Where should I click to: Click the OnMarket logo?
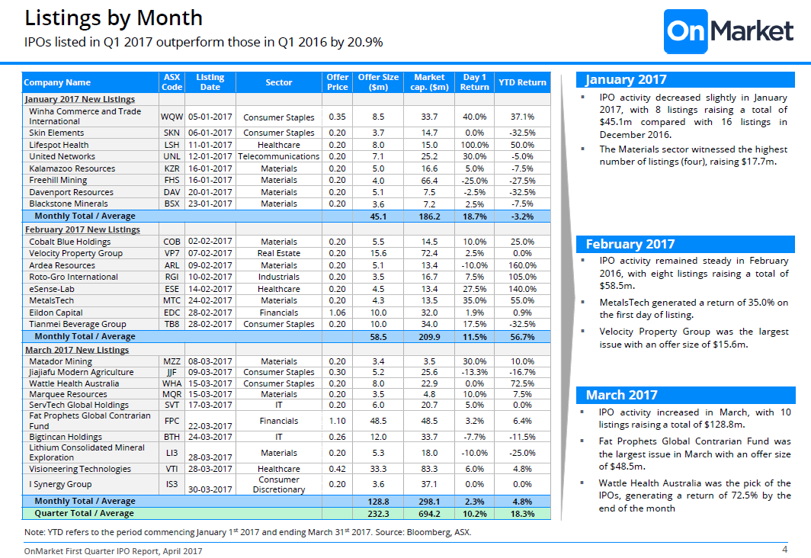point(729,31)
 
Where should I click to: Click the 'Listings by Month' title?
point(114,18)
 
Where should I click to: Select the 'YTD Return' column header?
point(522,82)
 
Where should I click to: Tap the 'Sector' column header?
point(279,82)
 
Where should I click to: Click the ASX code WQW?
point(171,117)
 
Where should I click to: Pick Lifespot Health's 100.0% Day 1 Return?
point(474,145)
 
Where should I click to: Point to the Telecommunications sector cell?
point(279,156)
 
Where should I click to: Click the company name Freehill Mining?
point(58,180)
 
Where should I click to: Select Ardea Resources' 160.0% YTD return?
point(522,265)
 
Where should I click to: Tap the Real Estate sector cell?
point(279,253)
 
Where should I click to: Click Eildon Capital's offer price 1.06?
point(337,313)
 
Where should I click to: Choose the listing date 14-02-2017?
point(210,289)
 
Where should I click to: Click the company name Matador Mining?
point(60,361)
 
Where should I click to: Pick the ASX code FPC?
point(171,421)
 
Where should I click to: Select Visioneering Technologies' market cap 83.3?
point(429,469)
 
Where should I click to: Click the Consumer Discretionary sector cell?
point(279,485)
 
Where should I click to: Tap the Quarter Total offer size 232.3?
point(378,514)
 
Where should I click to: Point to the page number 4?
point(784,549)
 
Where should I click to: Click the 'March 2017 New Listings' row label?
point(77,350)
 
